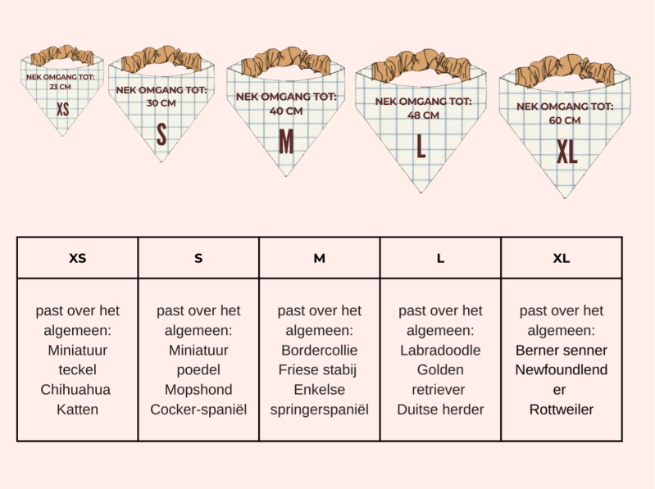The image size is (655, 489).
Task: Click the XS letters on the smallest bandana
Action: point(62,109)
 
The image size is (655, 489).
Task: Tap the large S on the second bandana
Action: point(161,134)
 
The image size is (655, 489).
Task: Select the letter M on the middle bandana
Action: point(285,142)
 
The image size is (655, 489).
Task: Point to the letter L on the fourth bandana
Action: point(421,147)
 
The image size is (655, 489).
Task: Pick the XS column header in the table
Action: point(77,258)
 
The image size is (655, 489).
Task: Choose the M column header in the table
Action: point(319,258)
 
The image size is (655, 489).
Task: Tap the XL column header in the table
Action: point(562,258)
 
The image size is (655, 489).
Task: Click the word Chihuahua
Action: point(75,389)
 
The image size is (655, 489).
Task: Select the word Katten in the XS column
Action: point(76,409)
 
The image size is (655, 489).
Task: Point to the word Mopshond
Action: point(198,389)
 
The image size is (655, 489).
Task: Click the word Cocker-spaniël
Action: point(198,409)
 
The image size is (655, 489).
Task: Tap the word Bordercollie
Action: point(319,350)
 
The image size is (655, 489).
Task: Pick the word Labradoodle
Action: point(440,350)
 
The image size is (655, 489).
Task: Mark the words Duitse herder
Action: point(440,409)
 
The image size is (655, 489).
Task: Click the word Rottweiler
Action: point(562,409)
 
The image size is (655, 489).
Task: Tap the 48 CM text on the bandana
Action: point(424,115)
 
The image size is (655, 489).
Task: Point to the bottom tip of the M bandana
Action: point(286,174)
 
